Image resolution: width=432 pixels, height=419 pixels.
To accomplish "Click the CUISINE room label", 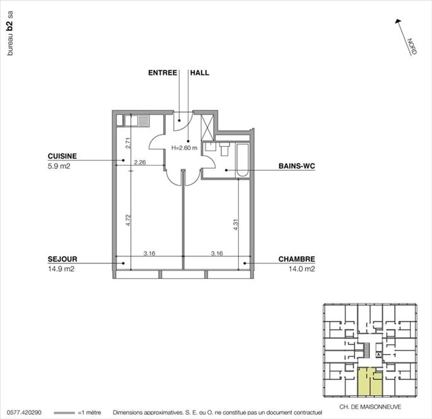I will pos(62,156).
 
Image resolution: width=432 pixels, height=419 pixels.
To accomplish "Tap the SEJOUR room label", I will pos(62,259).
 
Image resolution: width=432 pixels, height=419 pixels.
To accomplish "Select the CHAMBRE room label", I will pos(296,259).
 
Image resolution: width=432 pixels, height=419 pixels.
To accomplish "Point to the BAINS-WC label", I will pos(296,166).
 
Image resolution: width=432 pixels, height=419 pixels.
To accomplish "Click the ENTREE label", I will pos(162,73).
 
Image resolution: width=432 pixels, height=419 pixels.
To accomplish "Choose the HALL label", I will pos(199,73).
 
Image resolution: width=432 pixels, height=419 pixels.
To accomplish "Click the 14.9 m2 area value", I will pos(61,269).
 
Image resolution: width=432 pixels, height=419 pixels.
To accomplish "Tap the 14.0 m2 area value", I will pos(301,269).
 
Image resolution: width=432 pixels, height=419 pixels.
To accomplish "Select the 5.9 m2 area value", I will pos(59,166).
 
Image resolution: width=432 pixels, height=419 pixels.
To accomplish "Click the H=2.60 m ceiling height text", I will pos(184,148).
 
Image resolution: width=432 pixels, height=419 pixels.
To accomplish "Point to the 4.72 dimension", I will pos(128,220).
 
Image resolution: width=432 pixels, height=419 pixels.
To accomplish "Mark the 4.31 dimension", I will pos(235,224).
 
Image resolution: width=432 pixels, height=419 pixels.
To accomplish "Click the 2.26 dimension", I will pos(140,162).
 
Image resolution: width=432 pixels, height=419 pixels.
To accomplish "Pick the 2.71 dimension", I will pos(128,143).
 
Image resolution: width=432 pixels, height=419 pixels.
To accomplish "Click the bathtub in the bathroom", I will pos(242,160).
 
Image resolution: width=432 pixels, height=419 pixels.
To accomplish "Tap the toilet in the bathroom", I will pos(224,149).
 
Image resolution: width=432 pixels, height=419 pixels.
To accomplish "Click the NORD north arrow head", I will pos(398,21).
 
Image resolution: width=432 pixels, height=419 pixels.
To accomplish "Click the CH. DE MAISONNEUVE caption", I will pos(370,407).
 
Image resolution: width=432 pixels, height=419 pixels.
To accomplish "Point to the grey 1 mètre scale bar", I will pos(64,413).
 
